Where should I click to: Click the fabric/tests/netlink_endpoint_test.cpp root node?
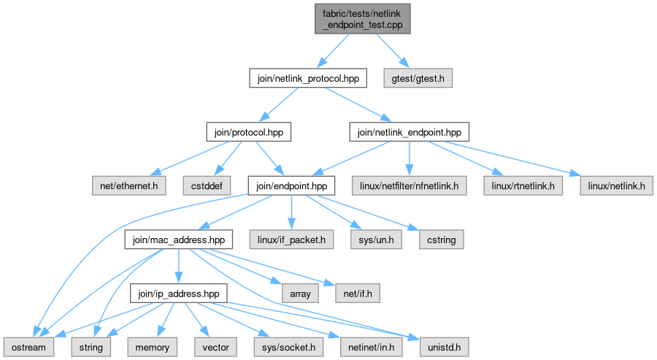point(362,19)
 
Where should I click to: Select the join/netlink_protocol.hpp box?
point(308,78)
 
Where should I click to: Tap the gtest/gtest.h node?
point(418,78)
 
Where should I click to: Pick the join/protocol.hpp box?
point(248,132)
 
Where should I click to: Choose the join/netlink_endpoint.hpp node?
point(410,132)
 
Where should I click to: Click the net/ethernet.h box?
point(129,185)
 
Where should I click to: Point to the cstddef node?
point(207,185)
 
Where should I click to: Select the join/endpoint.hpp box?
point(291,185)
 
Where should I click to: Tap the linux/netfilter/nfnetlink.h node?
point(409,185)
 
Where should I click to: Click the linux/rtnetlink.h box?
point(523,185)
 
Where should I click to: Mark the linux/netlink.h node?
point(616,185)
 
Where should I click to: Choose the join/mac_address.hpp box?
point(179,240)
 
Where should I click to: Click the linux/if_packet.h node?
point(291,240)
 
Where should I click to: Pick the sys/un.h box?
point(376,240)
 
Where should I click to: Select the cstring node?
point(441,240)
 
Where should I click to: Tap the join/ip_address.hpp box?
point(179,294)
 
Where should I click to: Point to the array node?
point(300,294)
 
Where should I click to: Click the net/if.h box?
point(358,294)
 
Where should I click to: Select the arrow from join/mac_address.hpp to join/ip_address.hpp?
point(179,266)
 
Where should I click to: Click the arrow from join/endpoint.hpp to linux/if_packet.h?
point(291,212)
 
